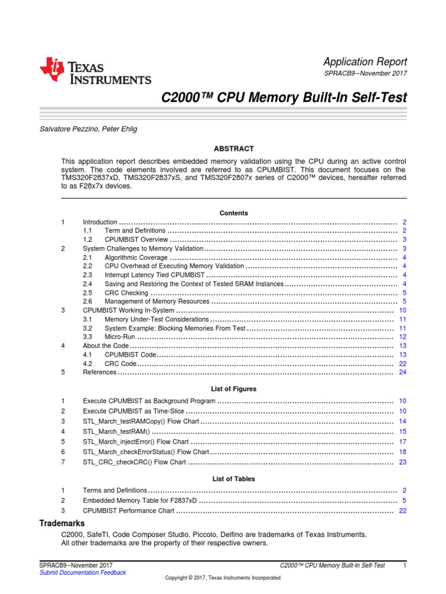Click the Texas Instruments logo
pyautogui.click(x=95, y=72)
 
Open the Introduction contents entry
pyautogui.click(x=100, y=222)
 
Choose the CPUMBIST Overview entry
pyautogui.click(x=136, y=240)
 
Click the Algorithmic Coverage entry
pyautogui.click(x=137, y=257)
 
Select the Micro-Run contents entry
pyautogui.click(x=120, y=336)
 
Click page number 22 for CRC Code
pyautogui.click(x=402, y=363)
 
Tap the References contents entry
pyautogui.click(x=99, y=372)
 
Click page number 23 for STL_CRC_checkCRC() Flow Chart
pyautogui.click(x=402, y=462)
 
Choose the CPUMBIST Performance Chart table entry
pyautogui.click(x=128, y=510)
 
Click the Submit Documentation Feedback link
pyautogui.click(x=82, y=573)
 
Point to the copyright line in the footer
pyautogui.click(x=222, y=578)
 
